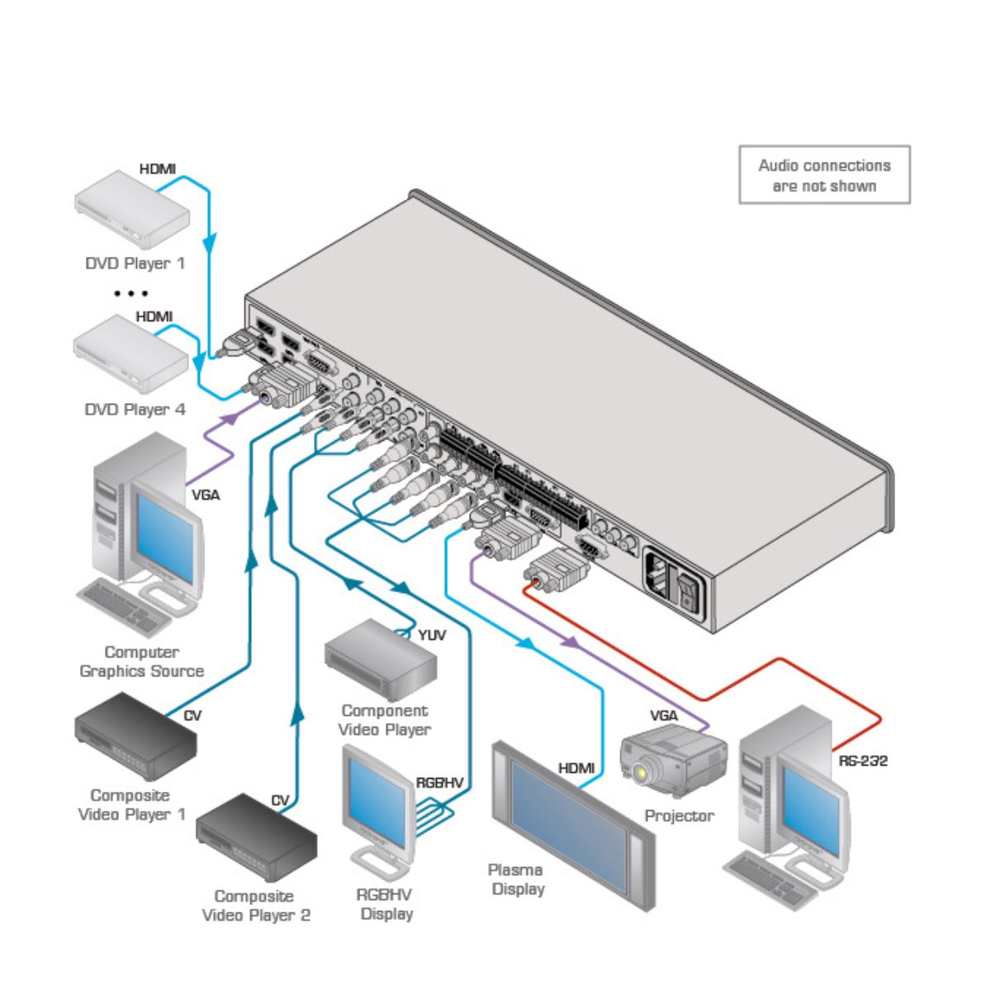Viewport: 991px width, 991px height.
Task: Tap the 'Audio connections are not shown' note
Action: [824, 175]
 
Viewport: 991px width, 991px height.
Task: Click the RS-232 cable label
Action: [863, 761]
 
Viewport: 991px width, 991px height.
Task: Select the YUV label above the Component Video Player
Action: [431, 635]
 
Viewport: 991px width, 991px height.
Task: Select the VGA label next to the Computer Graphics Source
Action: [206, 495]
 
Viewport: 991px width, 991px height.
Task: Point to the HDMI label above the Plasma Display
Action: [576, 768]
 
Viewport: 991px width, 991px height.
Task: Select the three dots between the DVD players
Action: [131, 293]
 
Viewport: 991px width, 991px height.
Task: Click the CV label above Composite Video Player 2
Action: [280, 800]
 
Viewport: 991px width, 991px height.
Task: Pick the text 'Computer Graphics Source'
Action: [141, 661]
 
